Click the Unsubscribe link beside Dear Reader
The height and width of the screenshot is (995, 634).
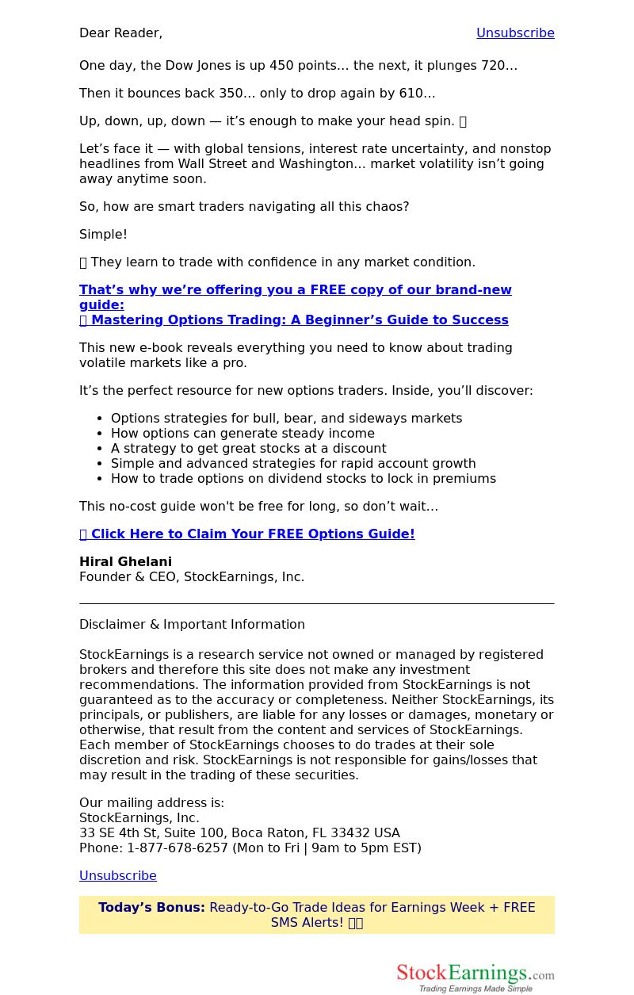coord(515,33)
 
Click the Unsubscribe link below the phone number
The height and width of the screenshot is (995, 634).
coord(118,875)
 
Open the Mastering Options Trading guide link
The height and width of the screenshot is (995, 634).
coord(299,320)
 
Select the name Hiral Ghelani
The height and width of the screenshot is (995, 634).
coord(125,562)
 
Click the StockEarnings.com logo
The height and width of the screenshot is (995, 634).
coord(475,978)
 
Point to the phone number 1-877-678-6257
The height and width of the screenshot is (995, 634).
coord(178,848)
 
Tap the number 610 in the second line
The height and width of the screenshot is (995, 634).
coord(411,94)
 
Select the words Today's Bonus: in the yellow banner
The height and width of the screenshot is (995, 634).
coord(151,908)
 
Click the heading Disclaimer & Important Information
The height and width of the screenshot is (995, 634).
coord(192,625)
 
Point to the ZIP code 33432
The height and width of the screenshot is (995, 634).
coord(351,833)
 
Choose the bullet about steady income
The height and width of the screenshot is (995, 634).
coord(243,434)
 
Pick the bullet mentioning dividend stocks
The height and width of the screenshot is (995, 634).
coord(303,479)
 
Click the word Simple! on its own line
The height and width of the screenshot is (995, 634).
coord(103,235)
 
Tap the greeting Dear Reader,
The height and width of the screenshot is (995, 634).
coord(120,33)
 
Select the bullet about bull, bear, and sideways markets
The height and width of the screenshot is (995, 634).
coord(286,419)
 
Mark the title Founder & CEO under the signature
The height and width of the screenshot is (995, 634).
coord(128,577)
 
